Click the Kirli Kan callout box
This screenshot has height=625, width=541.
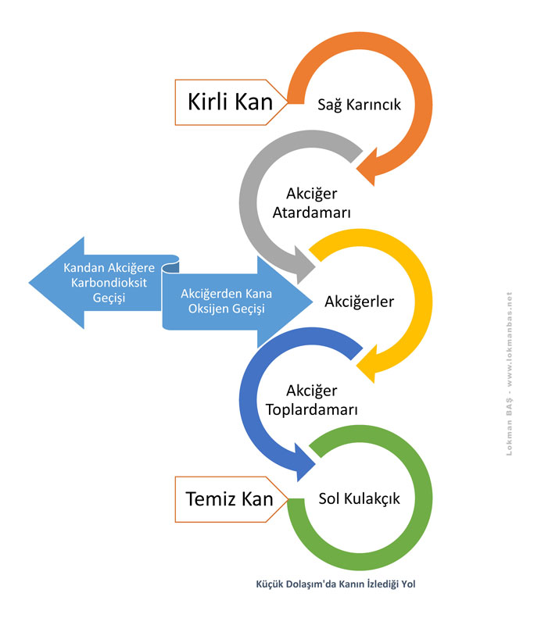[x=231, y=102]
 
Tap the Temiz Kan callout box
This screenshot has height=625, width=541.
[x=231, y=499]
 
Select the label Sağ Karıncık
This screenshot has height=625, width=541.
[x=359, y=105]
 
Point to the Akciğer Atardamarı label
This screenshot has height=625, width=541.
[x=312, y=203]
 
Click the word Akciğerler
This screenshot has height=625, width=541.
[x=359, y=302]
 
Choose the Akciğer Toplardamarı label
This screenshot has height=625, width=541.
[x=312, y=400]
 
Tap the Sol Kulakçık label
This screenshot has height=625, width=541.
[x=359, y=498]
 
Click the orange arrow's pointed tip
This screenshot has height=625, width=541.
[x=356, y=170]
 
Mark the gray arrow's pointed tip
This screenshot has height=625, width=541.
[x=315, y=266]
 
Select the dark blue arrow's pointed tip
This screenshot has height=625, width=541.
[x=315, y=463]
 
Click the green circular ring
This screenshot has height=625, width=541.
[x=424, y=498]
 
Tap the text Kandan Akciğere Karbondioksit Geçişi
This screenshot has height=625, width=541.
[x=109, y=283]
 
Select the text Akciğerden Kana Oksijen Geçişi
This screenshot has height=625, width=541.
[x=226, y=301]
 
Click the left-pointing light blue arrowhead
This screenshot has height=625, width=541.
[x=56, y=283]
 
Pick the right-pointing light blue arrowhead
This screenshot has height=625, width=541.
[x=285, y=302]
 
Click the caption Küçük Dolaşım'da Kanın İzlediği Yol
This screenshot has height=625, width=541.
[x=335, y=584]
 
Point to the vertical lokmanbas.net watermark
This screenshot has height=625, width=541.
[x=509, y=374]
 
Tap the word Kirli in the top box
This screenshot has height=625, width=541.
[x=207, y=102]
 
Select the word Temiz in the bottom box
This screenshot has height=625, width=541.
[x=212, y=498]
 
